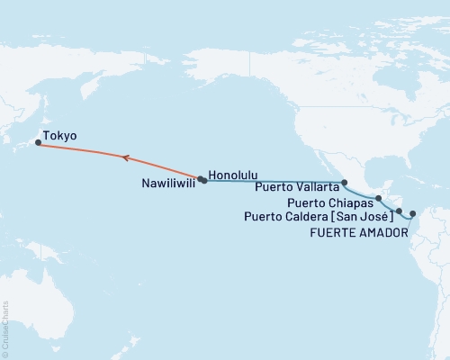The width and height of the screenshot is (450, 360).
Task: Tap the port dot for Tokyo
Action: pos(38,142)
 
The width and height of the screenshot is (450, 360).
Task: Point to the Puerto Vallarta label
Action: pos(296,187)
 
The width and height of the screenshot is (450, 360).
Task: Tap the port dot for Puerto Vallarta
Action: pos(344,183)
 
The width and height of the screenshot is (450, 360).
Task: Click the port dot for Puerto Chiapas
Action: pos(379,198)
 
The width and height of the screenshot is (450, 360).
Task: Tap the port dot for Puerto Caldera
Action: pos(399,211)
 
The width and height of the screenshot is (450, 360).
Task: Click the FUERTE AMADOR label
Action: pos(357,232)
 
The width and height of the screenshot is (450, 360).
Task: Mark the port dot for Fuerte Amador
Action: pos(413,214)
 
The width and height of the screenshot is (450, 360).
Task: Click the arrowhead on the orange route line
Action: pos(127,158)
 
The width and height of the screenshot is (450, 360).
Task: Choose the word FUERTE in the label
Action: pos(331,232)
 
